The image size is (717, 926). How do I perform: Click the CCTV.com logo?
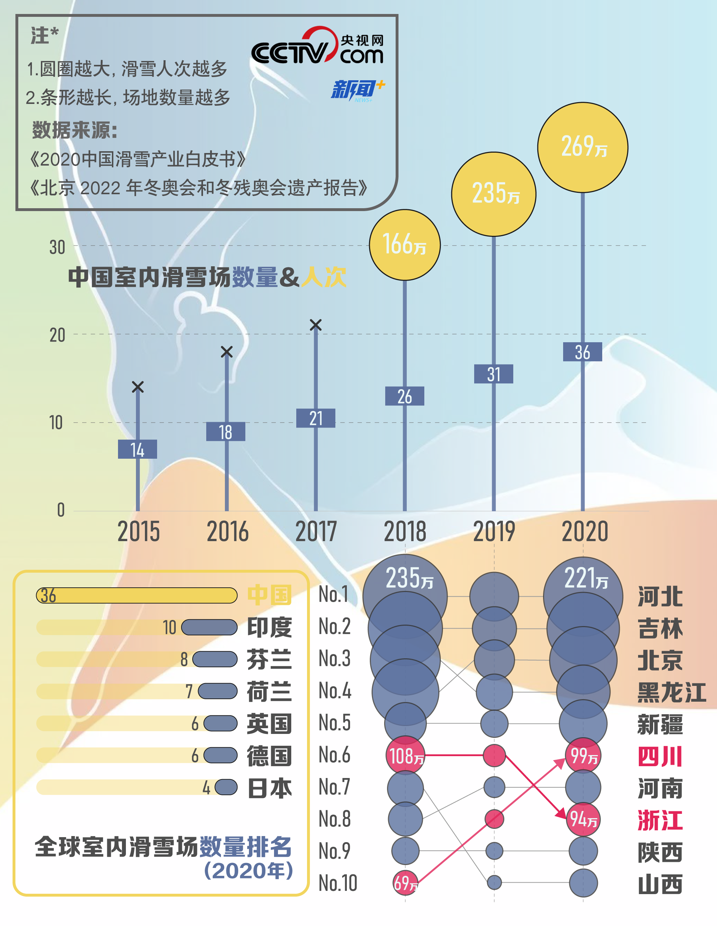(x=317, y=47)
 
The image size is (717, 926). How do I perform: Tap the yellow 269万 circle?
(x=582, y=147)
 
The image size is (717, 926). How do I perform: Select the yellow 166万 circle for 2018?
(x=405, y=245)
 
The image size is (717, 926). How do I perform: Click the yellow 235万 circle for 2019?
(x=494, y=194)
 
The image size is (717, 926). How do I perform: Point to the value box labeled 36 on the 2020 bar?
(x=582, y=352)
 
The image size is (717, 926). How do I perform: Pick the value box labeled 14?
(x=137, y=449)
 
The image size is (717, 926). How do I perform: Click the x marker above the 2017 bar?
(x=316, y=325)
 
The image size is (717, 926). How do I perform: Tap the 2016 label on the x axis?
(x=227, y=532)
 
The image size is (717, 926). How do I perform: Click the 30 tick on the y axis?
(x=57, y=247)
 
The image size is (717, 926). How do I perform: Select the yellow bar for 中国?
(x=137, y=595)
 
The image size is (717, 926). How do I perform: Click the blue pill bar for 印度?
(x=209, y=627)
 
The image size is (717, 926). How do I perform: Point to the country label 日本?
(x=269, y=788)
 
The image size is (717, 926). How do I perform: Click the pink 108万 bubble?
(x=405, y=755)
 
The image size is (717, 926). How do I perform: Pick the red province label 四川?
(x=660, y=756)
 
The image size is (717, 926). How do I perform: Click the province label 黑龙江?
(x=671, y=692)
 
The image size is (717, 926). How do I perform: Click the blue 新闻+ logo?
(x=357, y=90)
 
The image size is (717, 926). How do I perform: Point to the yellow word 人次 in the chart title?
(x=324, y=277)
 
